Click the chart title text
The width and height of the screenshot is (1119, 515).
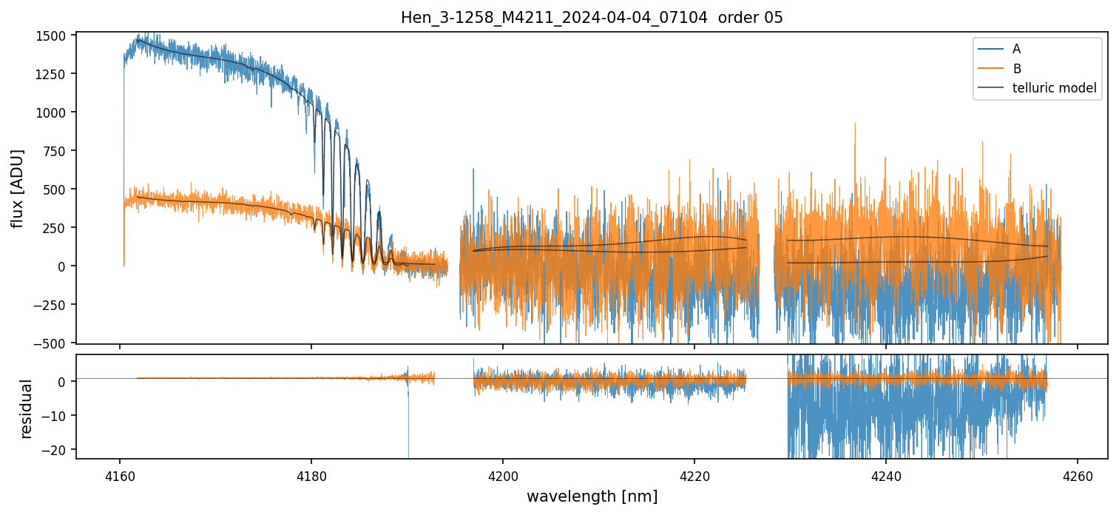[x=592, y=18]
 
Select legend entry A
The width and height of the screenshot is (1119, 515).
[x=1016, y=49]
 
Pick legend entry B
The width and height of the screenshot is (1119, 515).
[x=1017, y=69]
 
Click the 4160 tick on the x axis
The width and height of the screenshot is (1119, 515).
[x=120, y=474]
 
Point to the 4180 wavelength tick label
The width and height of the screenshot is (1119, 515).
[x=311, y=474]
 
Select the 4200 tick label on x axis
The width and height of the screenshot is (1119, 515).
[x=503, y=474]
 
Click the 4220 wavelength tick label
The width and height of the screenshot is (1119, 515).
[x=694, y=474]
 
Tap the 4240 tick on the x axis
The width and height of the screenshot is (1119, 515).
[x=886, y=474]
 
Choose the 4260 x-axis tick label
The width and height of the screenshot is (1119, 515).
[x=1078, y=474]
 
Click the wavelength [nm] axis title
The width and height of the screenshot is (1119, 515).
[x=592, y=496]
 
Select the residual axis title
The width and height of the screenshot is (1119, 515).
[x=27, y=408]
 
